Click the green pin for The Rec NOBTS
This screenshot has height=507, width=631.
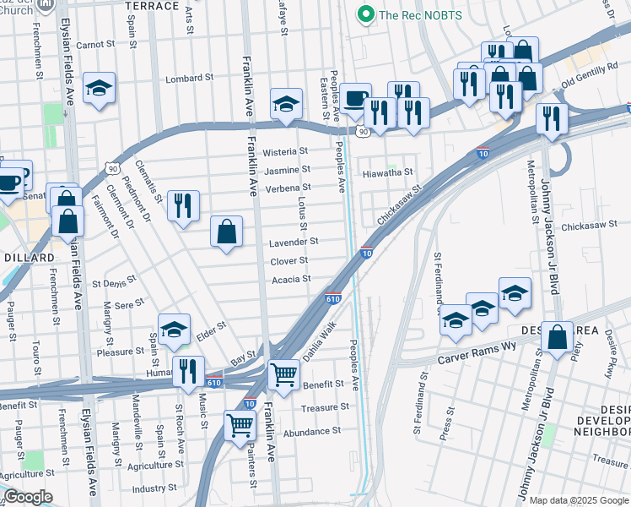(365, 14)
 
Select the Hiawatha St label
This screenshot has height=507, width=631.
(386, 172)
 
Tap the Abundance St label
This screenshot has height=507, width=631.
(311, 430)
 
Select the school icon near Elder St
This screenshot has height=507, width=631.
(174, 330)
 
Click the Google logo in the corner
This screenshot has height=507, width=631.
(27, 498)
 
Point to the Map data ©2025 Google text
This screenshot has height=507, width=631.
(579, 500)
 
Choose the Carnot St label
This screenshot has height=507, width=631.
(95, 44)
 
